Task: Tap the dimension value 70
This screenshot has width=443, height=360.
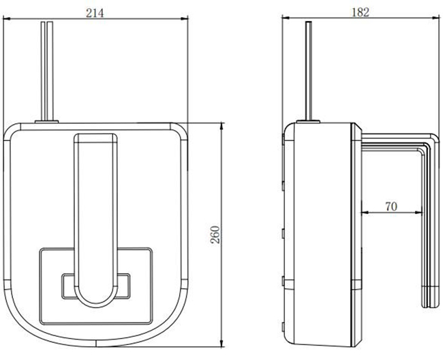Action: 391,205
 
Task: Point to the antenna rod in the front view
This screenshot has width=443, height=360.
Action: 47,68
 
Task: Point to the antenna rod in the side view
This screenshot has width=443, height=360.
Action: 311,68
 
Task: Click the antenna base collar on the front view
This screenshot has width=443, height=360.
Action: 47,121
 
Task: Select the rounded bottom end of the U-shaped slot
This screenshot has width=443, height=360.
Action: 97,297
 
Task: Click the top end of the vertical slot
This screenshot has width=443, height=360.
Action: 97,138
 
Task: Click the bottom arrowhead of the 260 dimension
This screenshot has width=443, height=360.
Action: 223,345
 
